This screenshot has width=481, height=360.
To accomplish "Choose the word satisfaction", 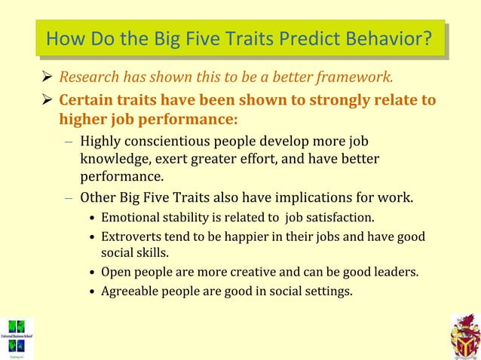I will tap(341, 218).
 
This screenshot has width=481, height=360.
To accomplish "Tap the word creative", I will tap(244, 271).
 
